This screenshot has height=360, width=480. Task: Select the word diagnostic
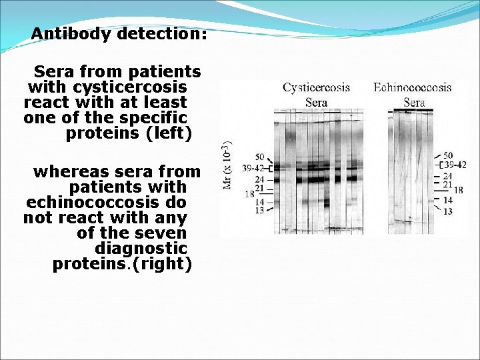point(141,248)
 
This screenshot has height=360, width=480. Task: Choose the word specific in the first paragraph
point(157,118)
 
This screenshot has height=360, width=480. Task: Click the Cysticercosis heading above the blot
point(316,88)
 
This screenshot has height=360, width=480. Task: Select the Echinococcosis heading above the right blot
point(412,88)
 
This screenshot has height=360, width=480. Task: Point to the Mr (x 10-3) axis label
point(227,165)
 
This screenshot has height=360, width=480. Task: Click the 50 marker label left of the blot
point(259,157)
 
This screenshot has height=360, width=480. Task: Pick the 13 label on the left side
point(259,211)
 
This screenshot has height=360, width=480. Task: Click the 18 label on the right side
point(459,191)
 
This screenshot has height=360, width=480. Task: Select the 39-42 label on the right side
point(455,165)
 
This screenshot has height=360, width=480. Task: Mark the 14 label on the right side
point(448,200)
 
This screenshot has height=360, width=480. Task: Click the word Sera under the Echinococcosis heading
point(414,102)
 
